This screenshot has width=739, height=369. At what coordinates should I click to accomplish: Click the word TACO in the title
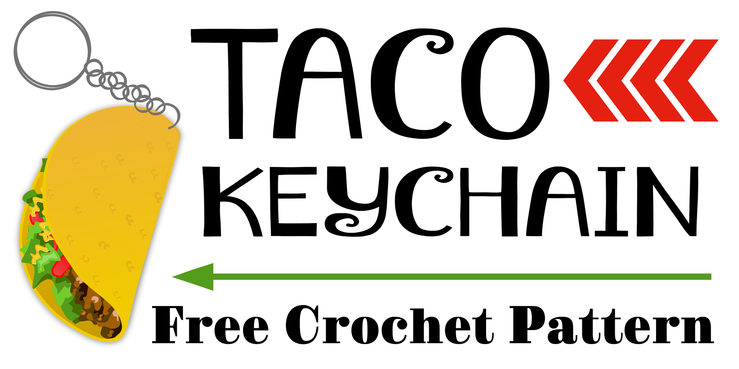tap(370, 84)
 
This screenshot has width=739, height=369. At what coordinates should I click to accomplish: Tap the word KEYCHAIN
tap(451, 201)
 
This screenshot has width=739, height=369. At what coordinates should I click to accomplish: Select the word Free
tap(210, 324)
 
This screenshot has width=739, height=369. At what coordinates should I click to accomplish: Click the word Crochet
tap(390, 324)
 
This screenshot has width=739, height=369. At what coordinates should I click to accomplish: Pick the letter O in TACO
tap(505, 84)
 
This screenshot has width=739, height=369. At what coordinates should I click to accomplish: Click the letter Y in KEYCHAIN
tap(357, 201)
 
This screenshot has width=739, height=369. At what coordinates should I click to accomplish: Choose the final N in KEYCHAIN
tap(668, 201)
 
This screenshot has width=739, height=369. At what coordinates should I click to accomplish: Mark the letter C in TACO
tap(411, 84)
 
